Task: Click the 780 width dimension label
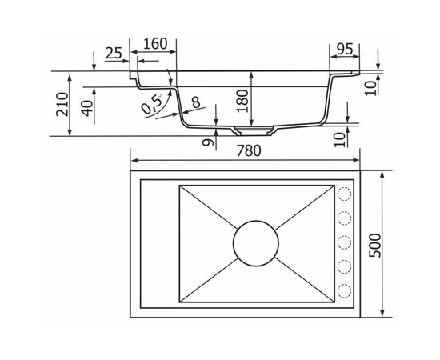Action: pyautogui.click(x=249, y=150)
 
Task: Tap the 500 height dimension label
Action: pyautogui.click(x=375, y=246)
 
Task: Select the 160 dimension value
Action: pyautogui.click(x=155, y=44)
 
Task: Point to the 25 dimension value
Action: pyautogui.click(x=114, y=53)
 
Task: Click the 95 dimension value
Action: pyautogui.click(x=345, y=49)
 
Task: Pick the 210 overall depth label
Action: pyautogui.click(x=62, y=104)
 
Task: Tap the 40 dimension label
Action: pyautogui.click(x=87, y=108)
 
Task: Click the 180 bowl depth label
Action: pyautogui.click(x=242, y=101)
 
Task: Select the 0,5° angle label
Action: pyautogui.click(x=152, y=103)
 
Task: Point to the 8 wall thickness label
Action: pyautogui.click(x=196, y=102)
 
